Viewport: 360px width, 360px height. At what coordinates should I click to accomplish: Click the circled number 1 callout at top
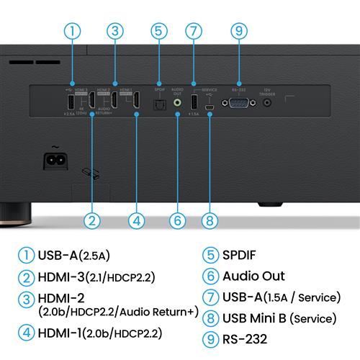point(71,31)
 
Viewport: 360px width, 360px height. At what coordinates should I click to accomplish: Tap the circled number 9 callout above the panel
point(238,31)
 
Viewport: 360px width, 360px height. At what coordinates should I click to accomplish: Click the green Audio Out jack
point(177,103)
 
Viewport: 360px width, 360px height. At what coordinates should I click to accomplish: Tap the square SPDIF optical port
point(160,103)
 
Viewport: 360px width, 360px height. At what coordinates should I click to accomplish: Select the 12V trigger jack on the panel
point(268,103)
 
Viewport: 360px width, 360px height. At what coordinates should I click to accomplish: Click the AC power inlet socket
point(55,160)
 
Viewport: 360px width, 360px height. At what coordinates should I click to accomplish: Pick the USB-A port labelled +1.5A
point(194,102)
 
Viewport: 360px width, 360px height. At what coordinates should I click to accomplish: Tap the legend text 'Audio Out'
point(253,276)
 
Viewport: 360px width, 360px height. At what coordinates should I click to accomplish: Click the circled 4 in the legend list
point(26,333)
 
